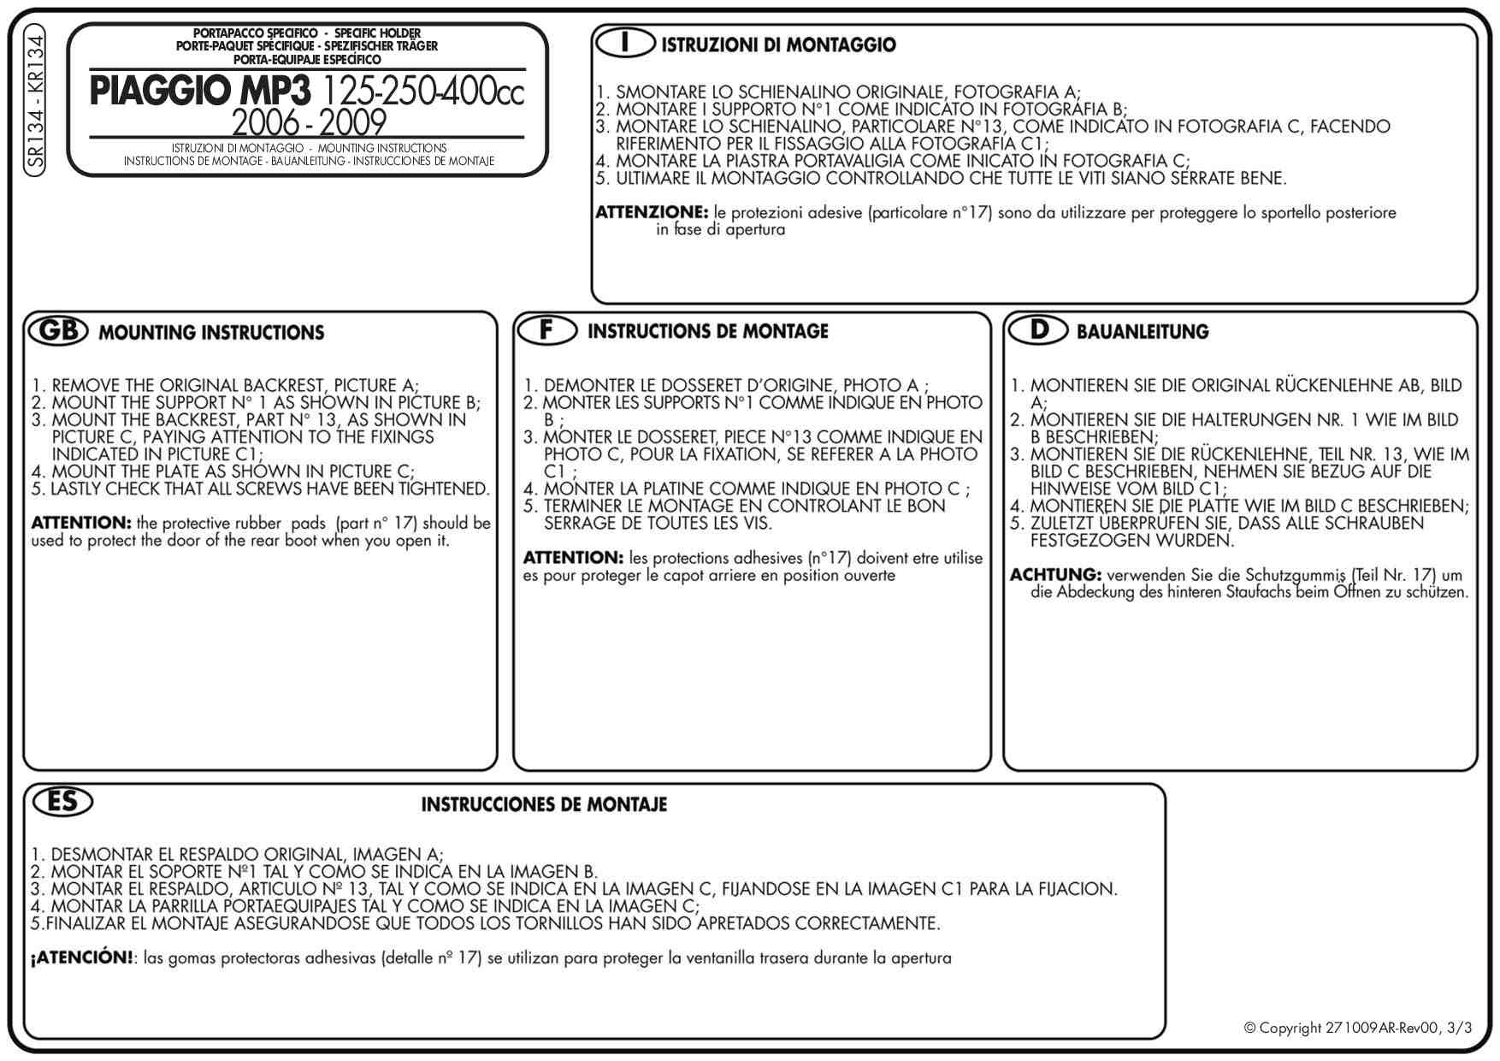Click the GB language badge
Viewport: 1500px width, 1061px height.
[x=58, y=331]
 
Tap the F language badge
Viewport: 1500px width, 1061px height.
[x=546, y=329]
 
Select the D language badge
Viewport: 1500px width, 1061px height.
[x=1038, y=329]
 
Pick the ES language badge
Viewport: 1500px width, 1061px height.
[x=62, y=802]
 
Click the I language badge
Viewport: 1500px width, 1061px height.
[x=626, y=43]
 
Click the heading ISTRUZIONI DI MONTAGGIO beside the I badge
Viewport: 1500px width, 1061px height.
[x=778, y=45]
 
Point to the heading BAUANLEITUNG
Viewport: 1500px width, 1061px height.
[x=1143, y=332]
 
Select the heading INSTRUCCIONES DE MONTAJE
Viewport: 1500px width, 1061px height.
[x=544, y=805]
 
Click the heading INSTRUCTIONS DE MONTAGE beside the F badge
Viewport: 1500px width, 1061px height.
[x=707, y=332]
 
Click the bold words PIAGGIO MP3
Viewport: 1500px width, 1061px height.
[x=200, y=92]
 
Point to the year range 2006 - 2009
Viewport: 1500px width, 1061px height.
[x=309, y=123]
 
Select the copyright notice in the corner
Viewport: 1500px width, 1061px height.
[x=1357, y=1028]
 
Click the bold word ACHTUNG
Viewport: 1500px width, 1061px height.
[x=1054, y=574]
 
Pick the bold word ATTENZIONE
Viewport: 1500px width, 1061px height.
[x=652, y=212]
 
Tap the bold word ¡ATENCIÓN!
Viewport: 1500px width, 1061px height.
[x=82, y=957]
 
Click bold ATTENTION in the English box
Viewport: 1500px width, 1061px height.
[x=80, y=523]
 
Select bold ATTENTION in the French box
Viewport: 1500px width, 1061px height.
[x=572, y=558]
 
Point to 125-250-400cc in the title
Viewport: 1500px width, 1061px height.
[x=423, y=92]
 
